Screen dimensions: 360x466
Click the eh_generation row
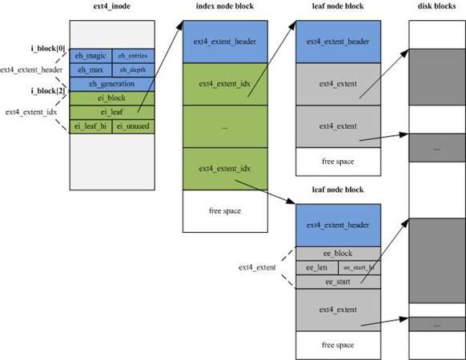pos(112,84)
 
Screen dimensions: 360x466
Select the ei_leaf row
pos(112,112)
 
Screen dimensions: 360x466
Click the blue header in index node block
pos(223,42)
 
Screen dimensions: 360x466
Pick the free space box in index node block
pos(223,210)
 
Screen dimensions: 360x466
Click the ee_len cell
pos(316,267)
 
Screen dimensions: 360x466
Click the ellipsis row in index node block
pos(223,126)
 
